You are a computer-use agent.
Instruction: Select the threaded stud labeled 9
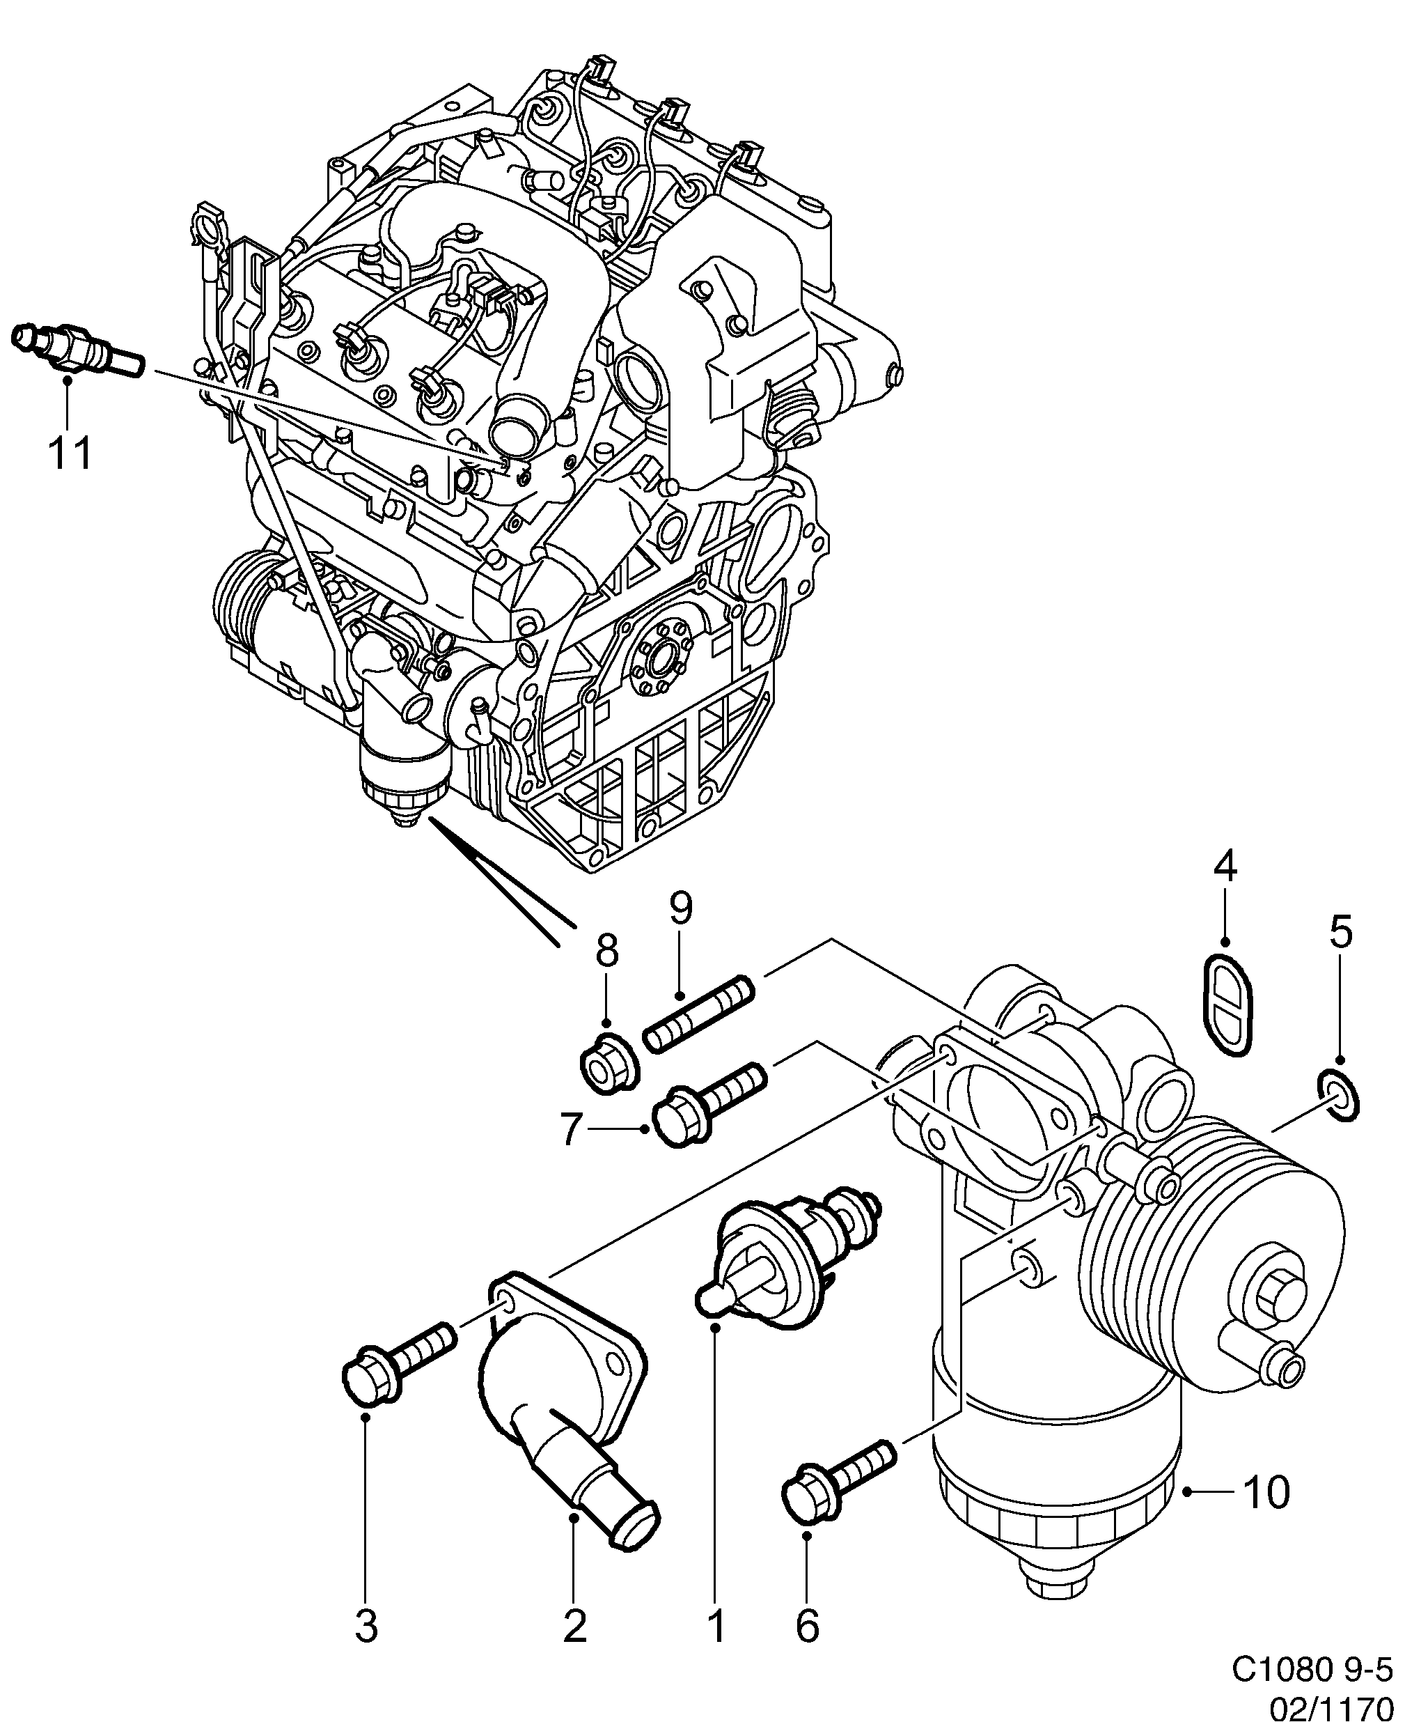tap(698, 1016)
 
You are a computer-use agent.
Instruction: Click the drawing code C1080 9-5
tap(1314, 1668)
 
